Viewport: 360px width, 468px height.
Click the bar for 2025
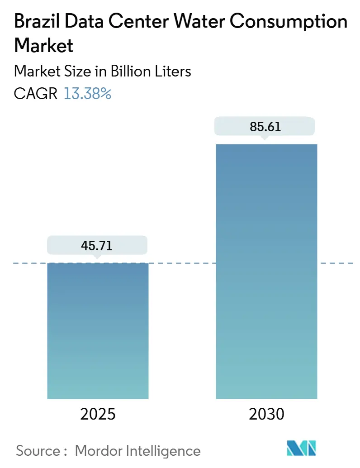98,330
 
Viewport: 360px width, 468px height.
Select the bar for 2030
266,272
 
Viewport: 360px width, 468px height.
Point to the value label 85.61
266,126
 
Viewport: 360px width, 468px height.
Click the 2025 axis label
98,414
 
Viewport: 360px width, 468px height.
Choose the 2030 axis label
266,414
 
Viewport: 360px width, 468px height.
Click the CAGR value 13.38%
87,94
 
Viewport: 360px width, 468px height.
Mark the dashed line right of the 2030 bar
336,263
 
